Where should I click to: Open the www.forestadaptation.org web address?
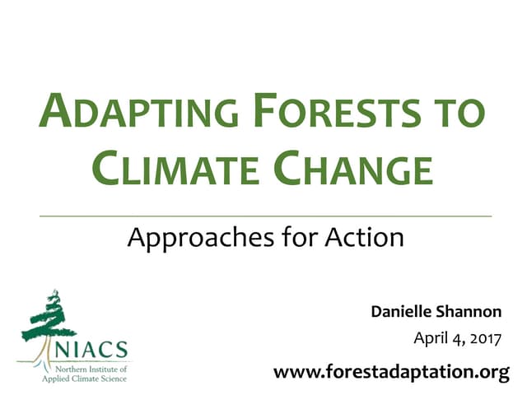[391, 372]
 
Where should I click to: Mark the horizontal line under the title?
[265, 215]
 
